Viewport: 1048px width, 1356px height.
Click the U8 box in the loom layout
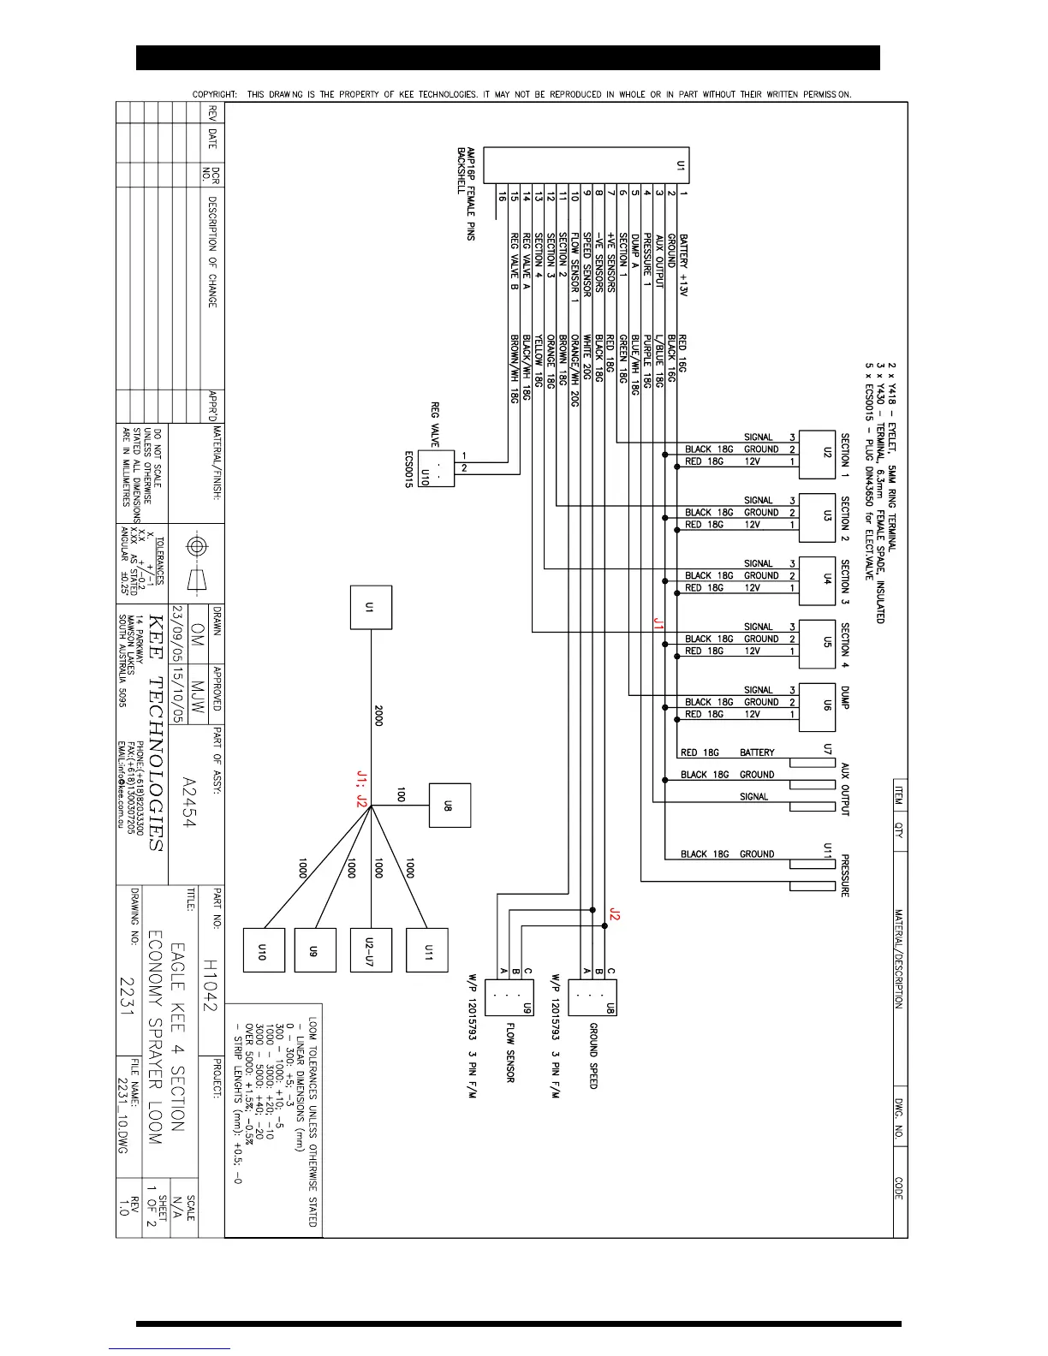pos(450,806)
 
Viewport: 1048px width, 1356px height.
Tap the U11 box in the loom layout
pos(427,950)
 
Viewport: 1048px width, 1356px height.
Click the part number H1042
pos(210,985)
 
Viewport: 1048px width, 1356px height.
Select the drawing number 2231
pos(128,994)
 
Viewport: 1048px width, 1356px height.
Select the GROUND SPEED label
pos(592,1056)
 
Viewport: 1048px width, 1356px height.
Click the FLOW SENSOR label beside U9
pos(510,1052)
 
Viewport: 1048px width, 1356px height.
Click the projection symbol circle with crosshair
pos(197,546)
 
